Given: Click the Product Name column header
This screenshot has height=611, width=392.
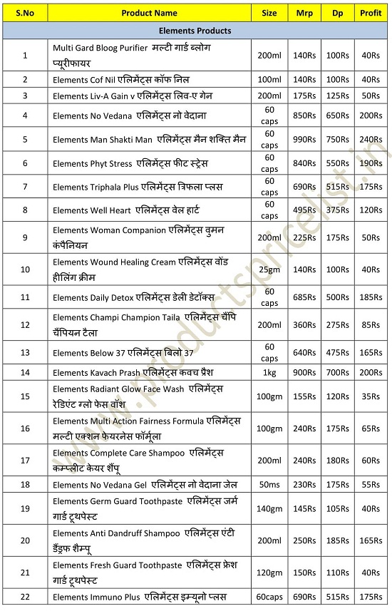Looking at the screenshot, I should [x=149, y=13].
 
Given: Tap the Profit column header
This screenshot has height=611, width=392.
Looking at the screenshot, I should [x=371, y=13].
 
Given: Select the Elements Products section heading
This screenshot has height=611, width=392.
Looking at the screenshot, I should [x=195, y=31].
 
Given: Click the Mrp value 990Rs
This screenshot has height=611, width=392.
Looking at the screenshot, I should [x=304, y=140].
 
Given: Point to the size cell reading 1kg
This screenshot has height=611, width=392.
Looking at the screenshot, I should [x=269, y=372].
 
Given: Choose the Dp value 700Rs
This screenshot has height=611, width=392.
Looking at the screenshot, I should [x=337, y=372].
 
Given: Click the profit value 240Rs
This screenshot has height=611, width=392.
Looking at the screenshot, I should [x=371, y=140].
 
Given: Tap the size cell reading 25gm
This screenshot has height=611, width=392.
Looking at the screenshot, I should [x=269, y=270].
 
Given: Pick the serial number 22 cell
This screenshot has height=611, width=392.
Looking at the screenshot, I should [x=25, y=596].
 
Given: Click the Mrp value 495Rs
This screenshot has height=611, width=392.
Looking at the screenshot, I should [x=304, y=211].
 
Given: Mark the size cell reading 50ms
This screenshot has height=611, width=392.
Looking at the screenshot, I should [x=269, y=485].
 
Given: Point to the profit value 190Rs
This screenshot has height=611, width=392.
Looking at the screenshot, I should [x=371, y=163].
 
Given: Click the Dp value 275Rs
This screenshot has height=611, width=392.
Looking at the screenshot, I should [x=337, y=324].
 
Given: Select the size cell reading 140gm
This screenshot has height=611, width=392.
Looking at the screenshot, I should [x=269, y=508].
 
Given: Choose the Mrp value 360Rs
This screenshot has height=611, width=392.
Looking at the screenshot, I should [x=304, y=324].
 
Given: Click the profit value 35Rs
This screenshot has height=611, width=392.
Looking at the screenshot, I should [x=371, y=396].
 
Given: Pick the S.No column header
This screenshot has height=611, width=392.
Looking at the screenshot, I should [x=25, y=13].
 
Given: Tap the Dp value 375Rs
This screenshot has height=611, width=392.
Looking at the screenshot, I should [x=337, y=211].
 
